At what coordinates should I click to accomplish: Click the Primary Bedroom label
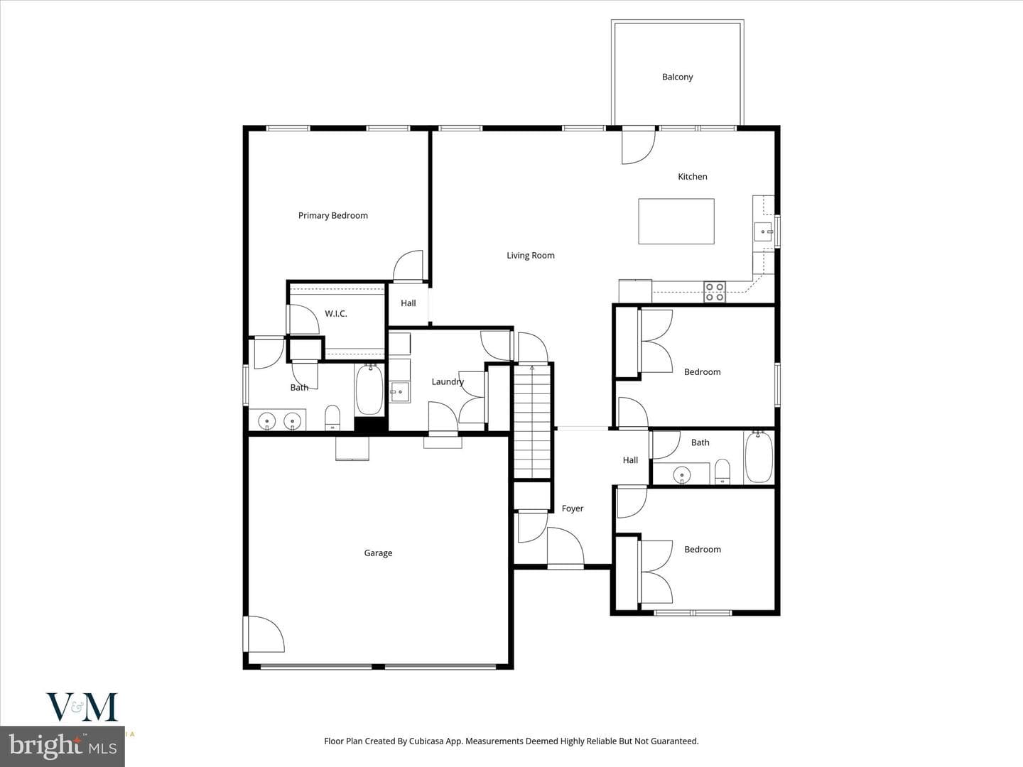pyautogui.click(x=332, y=216)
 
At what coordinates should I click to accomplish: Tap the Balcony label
pyautogui.click(x=677, y=77)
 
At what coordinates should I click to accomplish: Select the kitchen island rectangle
pyautogui.click(x=676, y=221)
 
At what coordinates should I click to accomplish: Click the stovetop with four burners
pyautogui.click(x=715, y=292)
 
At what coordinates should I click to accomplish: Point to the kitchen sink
pyautogui.click(x=764, y=232)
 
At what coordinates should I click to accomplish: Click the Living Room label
pyautogui.click(x=531, y=256)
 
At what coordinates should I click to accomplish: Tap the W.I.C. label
pyautogui.click(x=336, y=314)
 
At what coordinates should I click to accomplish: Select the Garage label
pyautogui.click(x=378, y=553)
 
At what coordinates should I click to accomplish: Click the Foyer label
pyautogui.click(x=573, y=508)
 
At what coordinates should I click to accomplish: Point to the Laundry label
pyautogui.click(x=448, y=382)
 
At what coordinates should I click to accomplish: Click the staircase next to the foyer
pyautogui.click(x=532, y=421)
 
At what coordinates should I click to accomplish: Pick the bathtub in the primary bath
pyautogui.click(x=369, y=389)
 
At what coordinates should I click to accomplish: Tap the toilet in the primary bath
pyautogui.click(x=332, y=418)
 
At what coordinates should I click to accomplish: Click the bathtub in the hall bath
pyautogui.click(x=759, y=457)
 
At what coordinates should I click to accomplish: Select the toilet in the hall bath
pyautogui.click(x=722, y=472)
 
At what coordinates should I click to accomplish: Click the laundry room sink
pyautogui.click(x=400, y=392)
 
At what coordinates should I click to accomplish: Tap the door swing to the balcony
pyautogui.click(x=639, y=147)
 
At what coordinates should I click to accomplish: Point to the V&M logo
pyautogui.click(x=82, y=707)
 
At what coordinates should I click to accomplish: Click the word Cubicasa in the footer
pyautogui.click(x=429, y=741)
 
